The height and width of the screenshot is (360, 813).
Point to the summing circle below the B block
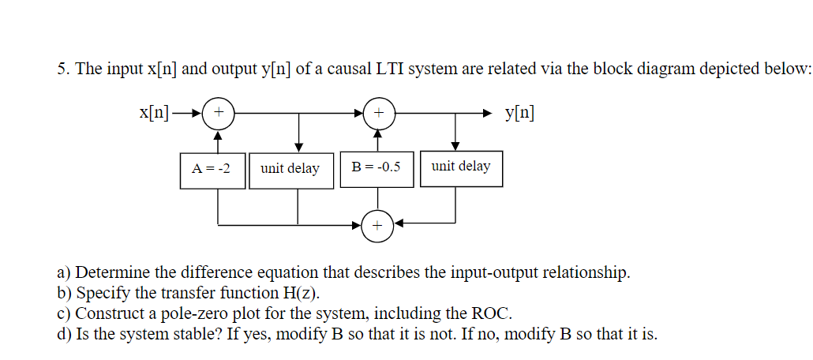[x=377, y=226]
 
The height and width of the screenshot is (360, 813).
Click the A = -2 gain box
[x=212, y=168]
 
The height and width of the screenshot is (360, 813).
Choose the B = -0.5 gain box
[x=377, y=167]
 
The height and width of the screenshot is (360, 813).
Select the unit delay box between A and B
[x=290, y=169]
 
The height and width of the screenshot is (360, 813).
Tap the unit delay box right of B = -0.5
[x=461, y=167]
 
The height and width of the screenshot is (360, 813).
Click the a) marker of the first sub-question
[x=65, y=274]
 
